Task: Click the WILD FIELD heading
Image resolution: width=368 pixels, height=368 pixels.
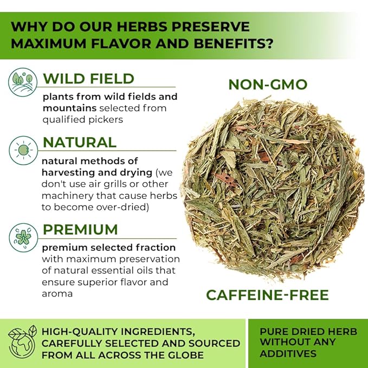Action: [88, 79]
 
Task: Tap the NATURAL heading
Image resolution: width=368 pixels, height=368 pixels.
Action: [80, 143]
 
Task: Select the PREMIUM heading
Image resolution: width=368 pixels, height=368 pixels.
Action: [80, 230]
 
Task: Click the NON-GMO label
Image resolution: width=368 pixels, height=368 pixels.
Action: [268, 85]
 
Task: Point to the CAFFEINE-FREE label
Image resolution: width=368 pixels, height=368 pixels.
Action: [267, 295]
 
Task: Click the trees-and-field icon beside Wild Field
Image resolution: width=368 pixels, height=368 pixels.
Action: [23, 82]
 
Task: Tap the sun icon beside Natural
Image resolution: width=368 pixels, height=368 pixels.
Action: [23, 150]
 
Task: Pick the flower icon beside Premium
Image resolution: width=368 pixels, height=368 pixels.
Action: [23, 237]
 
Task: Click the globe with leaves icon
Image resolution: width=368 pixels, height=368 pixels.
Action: [22, 342]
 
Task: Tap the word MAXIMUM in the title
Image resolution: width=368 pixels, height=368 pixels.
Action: [49, 44]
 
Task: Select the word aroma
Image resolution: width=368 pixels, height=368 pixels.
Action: [57, 294]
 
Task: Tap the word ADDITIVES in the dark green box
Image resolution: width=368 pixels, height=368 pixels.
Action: [288, 354]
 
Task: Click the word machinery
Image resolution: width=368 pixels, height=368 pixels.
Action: [68, 196]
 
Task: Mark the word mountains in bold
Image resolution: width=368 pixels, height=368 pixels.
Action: [70, 108]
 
